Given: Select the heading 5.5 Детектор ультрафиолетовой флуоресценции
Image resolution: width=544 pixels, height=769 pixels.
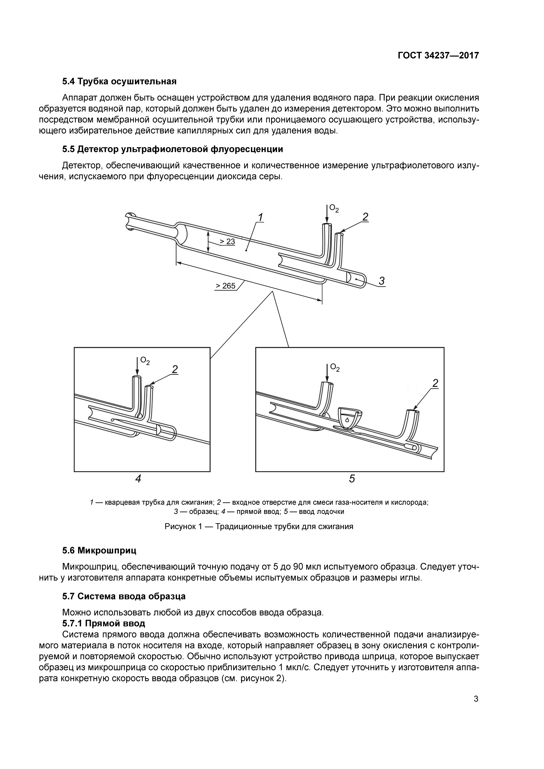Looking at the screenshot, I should coord(172,149).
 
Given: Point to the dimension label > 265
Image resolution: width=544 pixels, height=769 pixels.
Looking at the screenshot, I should coord(225,286).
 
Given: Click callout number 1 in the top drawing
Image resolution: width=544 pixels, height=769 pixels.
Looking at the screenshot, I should coord(260,218).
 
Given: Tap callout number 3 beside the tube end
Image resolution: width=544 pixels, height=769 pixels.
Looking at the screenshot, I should coord(381,281).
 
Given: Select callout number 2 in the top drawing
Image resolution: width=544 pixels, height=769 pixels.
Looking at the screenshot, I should coord(365,217).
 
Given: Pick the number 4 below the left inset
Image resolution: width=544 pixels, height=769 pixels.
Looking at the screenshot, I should coord(138,479).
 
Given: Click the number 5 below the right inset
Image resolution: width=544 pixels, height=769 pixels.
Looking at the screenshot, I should coord(352,479).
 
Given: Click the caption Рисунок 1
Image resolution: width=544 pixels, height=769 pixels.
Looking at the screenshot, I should coord(259,526).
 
